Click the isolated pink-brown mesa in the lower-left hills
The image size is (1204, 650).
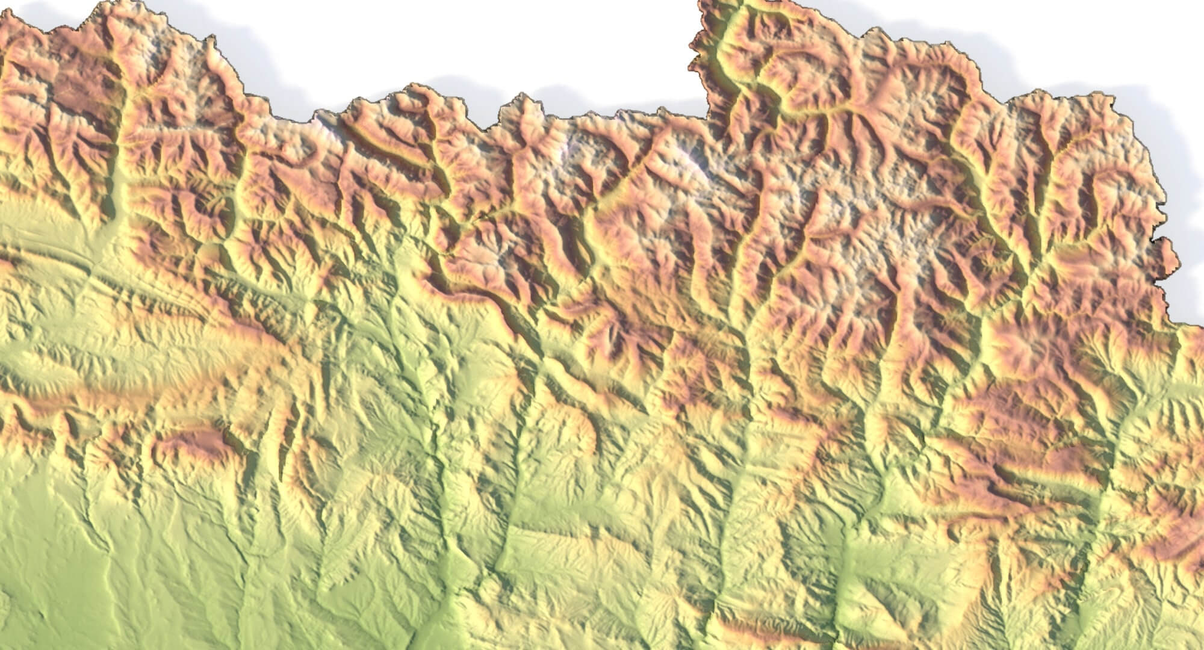click(x=193, y=442)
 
